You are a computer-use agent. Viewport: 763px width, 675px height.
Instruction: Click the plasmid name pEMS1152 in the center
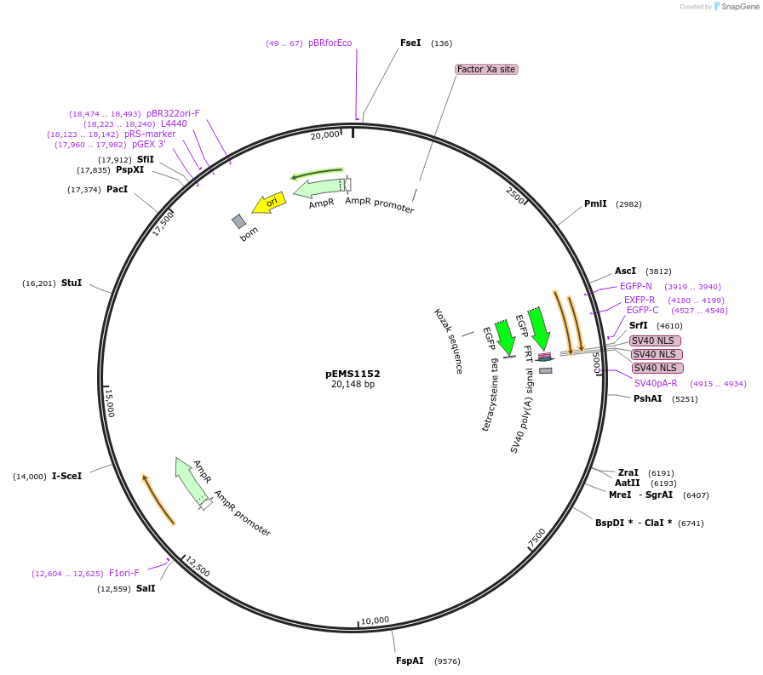[353, 373]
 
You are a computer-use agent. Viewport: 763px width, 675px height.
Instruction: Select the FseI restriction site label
[410, 43]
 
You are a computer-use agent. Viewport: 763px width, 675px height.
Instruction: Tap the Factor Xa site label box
[486, 69]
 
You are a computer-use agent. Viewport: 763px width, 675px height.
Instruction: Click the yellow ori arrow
[268, 203]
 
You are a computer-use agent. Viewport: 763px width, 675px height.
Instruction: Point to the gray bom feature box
[239, 221]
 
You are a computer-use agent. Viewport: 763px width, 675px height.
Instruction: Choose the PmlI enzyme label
[595, 204]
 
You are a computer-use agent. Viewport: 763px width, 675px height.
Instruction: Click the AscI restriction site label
[625, 272]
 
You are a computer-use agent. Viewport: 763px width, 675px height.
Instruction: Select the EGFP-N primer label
[635, 286]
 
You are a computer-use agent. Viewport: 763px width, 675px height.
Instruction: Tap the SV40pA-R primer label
[656, 383]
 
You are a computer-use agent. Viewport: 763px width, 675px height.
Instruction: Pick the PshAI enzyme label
[647, 398]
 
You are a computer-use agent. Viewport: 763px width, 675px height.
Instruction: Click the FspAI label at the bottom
[410, 661]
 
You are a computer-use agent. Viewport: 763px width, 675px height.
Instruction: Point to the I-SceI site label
[67, 476]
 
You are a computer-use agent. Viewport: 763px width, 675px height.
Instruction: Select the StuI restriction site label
[72, 283]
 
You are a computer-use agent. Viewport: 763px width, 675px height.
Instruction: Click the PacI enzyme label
[117, 189]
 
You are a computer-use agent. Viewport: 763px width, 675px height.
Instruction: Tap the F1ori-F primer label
[123, 573]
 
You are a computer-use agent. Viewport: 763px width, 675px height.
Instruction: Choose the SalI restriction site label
[146, 588]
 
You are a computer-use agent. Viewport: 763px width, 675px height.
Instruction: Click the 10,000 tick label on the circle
[375, 621]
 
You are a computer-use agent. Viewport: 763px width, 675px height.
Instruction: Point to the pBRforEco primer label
[330, 43]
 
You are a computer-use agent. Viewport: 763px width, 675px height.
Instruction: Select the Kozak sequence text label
[448, 341]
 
